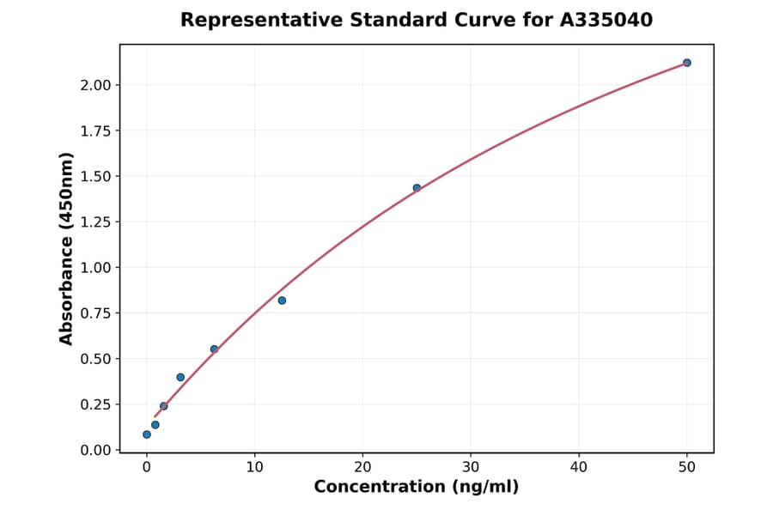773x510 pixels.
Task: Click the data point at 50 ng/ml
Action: coord(686,63)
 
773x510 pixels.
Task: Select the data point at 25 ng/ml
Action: coord(417,188)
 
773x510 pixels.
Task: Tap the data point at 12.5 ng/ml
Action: coord(282,301)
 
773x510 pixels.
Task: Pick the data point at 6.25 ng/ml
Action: coord(214,349)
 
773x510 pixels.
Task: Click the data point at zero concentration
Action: coord(147,434)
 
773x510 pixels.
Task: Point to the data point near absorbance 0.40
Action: coord(180,377)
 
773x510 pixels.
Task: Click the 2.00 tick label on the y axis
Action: coord(94,85)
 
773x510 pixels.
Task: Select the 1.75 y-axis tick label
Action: coord(94,131)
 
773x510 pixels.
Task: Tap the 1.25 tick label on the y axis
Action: coord(94,222)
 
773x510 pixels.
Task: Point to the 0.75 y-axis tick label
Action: coord(94,313)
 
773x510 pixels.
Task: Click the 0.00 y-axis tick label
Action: coord(94,450)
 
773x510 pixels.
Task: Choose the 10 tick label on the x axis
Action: coord(254,467)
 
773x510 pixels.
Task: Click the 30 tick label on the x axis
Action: coord(471,467)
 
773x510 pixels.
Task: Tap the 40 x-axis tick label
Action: coord(579,467)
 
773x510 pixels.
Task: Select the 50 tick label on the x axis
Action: coord(687,467)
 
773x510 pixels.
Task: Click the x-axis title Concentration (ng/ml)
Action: coord(417,488)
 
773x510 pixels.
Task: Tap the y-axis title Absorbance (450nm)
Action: coord(67,248)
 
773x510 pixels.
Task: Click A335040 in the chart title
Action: coord(606,20)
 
